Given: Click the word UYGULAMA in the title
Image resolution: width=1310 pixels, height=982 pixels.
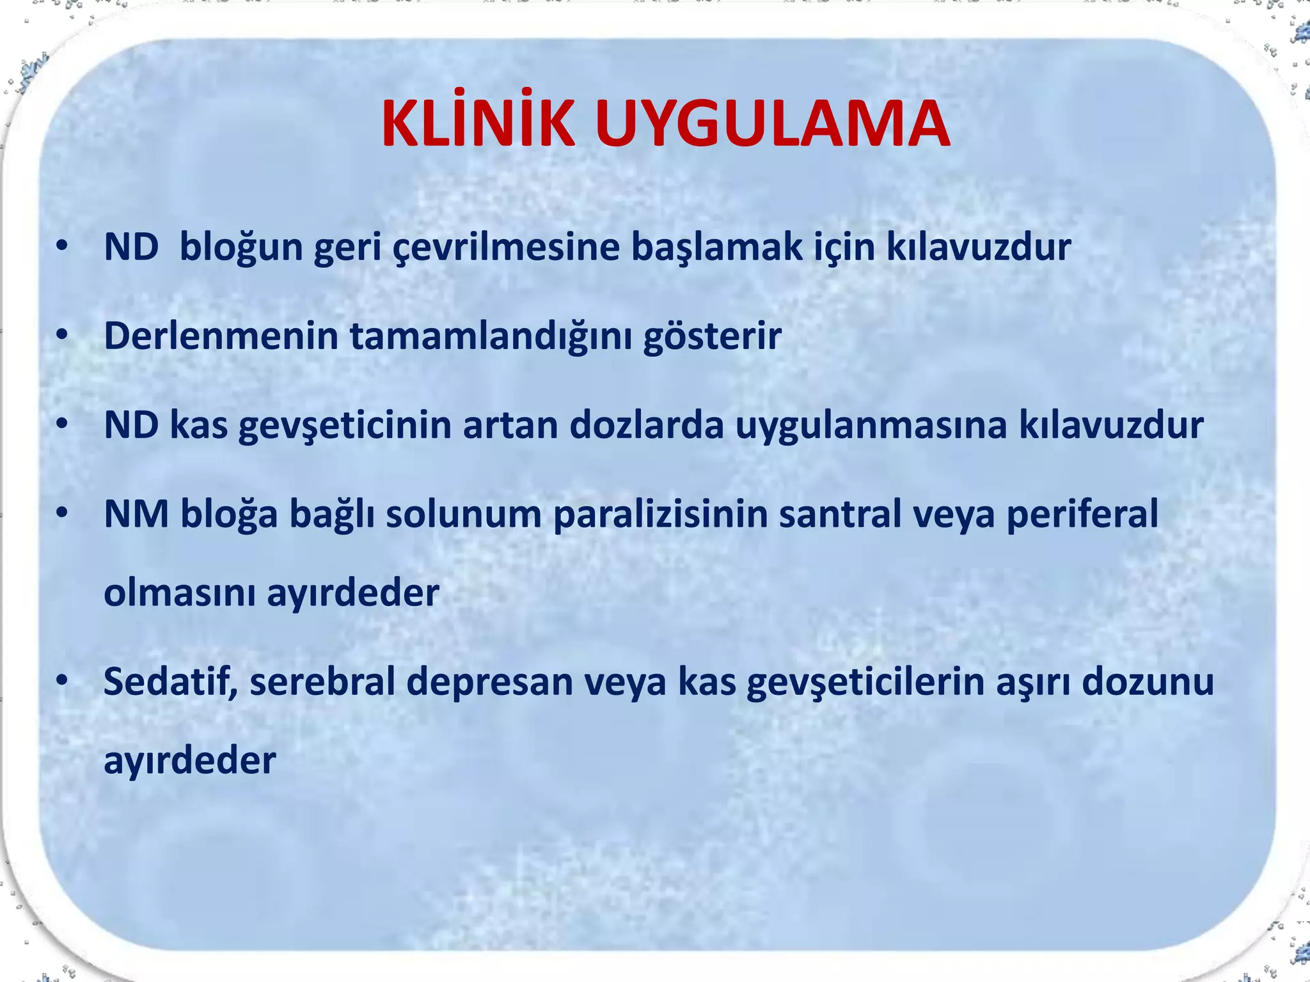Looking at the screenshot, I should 772,125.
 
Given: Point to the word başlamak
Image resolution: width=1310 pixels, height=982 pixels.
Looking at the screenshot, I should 716,247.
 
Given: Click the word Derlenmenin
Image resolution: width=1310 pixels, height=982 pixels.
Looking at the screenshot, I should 221,336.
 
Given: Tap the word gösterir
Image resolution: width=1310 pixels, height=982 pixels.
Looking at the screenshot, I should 712,336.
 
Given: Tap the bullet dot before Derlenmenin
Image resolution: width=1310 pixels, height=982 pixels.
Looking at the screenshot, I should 61,335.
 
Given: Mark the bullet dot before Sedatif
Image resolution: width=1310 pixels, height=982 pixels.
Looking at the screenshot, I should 61,681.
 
